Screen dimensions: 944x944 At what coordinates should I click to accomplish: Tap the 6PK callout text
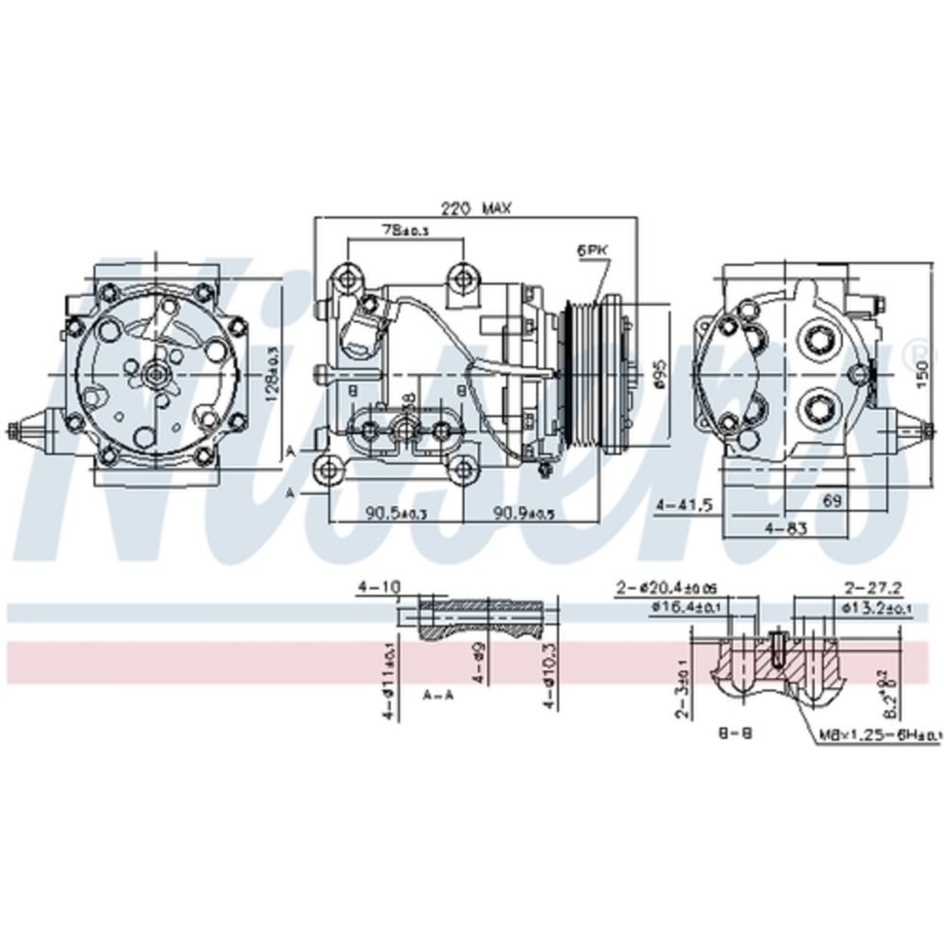(x=592, y=250)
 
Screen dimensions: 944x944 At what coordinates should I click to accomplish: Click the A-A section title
(x=437, y=695)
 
